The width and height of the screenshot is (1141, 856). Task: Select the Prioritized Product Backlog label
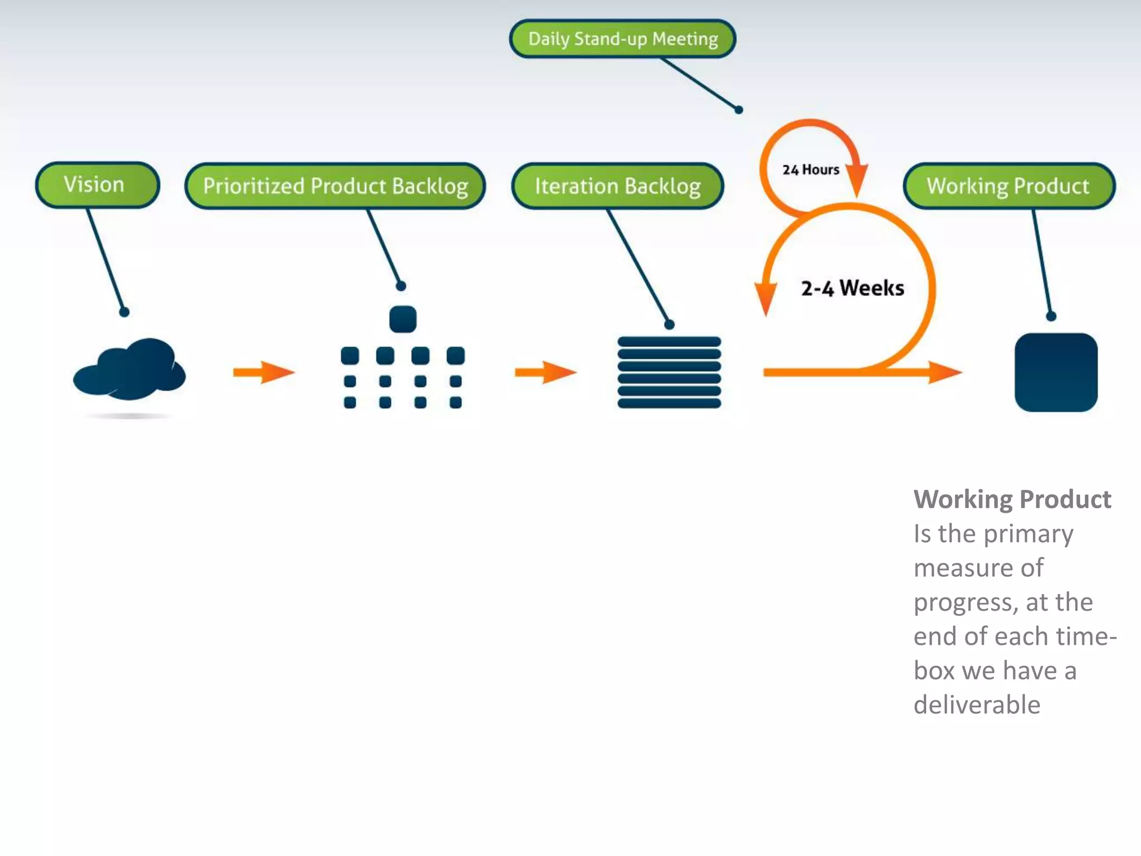point(335,186)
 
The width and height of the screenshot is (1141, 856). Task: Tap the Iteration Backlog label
point(617,186)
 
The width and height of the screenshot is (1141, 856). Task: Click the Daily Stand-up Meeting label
point(622,39)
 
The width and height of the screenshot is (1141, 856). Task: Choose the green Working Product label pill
point(1008,186)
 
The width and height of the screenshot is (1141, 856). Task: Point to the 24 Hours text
point(810,169)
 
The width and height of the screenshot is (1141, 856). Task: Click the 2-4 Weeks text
point(852,288)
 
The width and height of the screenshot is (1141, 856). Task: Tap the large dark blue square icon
point(1056,372)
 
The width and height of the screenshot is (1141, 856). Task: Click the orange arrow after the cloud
point(264,372)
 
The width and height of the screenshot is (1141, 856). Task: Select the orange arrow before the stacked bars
point(545,372)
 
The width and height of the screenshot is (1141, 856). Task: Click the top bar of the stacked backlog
point(669,342)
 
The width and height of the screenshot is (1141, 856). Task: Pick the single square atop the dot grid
point(403,319)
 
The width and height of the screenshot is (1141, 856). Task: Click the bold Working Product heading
point(1012,499)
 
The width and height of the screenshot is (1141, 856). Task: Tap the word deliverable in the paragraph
point(977,705)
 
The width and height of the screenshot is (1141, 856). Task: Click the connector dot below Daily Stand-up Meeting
point(739,110)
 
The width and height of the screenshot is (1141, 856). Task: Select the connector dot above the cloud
point(124,312)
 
